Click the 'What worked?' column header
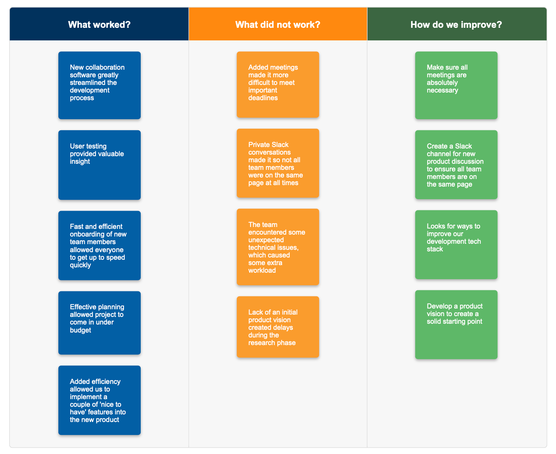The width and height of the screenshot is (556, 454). coord(99,24)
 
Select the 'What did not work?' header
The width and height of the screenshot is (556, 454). coord(278,24)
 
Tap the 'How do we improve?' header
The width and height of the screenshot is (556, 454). coord(456,24)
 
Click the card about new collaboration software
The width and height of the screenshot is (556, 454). coord(100,85)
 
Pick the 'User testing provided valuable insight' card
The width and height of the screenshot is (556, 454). coord(100,165)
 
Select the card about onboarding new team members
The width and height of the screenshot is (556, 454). coord(100,245)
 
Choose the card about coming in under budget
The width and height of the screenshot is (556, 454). coord(100,323)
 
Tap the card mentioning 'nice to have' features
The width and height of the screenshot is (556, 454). coord(100,400)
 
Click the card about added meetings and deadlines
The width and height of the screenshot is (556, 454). coord(278,85)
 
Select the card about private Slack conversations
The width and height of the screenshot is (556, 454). coord(278,163)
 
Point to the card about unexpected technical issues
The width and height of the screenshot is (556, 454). coord(278,247)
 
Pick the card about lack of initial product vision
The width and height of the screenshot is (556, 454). coord(278,327)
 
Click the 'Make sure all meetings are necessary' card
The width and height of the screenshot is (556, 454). coord(456,85)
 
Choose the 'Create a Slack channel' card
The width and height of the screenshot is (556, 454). coord(456,165)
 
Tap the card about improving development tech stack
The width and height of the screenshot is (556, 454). coord(456,245)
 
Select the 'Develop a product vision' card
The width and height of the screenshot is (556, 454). coord(456,325)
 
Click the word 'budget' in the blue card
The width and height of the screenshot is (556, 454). coord(80,330)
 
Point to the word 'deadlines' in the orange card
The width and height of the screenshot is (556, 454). coord(263,98)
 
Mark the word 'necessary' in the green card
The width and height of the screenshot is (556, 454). coord(442,90)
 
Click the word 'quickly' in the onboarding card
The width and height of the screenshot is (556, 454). coord(80,265)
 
